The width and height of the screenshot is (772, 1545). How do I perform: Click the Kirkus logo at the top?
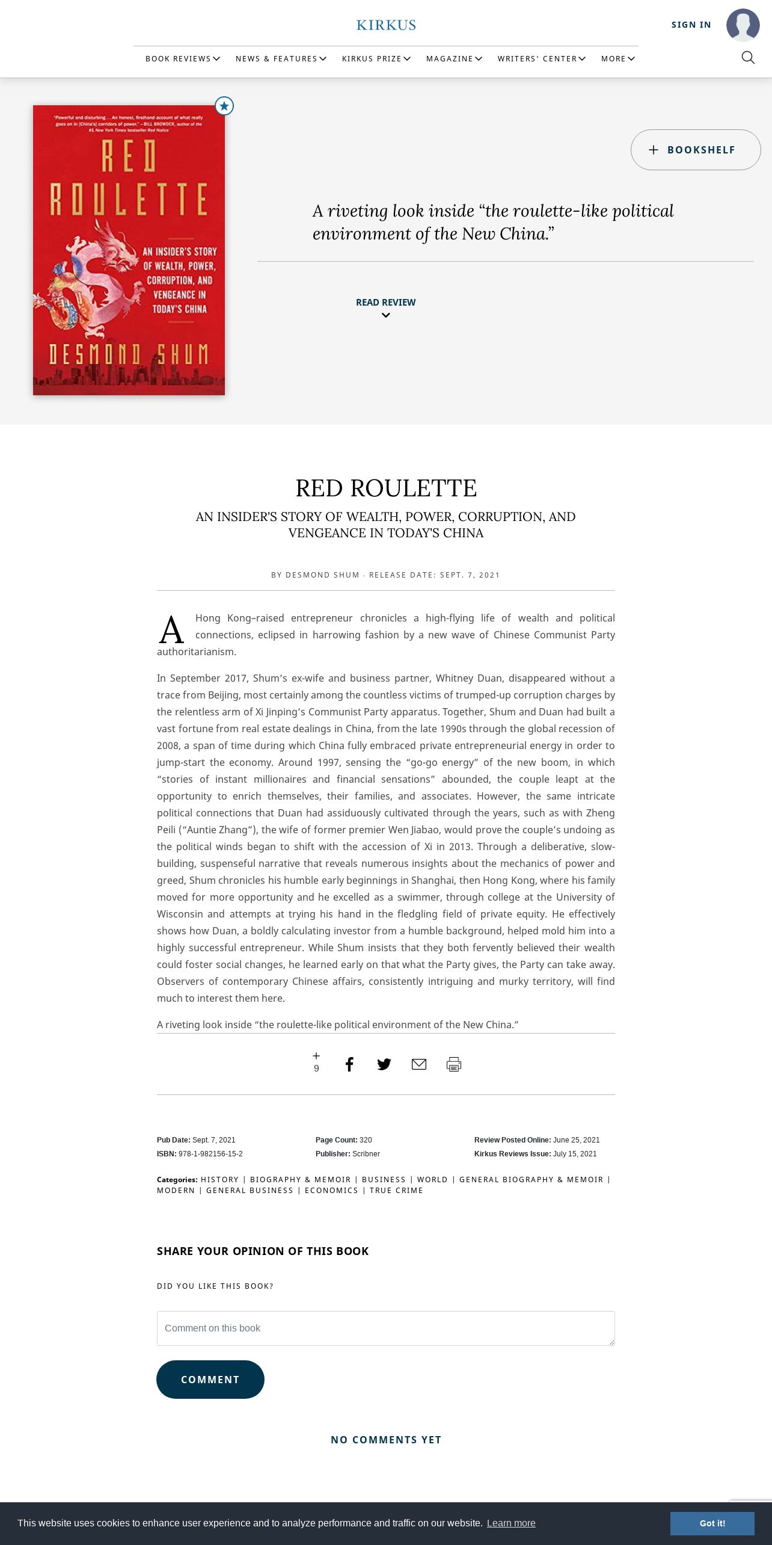tap(386, 25)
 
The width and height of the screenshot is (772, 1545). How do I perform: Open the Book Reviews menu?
tap(182, 58)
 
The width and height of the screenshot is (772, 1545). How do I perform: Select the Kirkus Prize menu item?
tap(376, 58)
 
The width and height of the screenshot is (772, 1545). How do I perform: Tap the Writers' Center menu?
tap(541, 58)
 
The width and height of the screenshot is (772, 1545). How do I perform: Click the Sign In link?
tap(691, 25)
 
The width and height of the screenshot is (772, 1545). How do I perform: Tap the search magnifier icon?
tap(748, 58)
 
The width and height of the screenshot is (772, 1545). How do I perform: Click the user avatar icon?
tap(743, 25)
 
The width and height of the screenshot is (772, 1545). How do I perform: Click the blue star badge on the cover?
tap(224, 106)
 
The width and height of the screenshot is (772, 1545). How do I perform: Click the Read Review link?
tap(385, 303)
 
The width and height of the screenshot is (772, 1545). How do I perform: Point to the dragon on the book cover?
tap(96, 277)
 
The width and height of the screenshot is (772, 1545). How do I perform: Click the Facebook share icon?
tap(349, 1064)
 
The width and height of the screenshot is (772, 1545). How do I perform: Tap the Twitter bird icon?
tap(384, 1064)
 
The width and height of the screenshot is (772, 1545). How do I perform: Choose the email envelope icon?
tap(419, 1064)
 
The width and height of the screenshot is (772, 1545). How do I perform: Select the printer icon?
tap(454, 1064)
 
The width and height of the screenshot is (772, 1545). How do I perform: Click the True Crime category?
tap(396, 1190)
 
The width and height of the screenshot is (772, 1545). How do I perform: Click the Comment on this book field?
tap(385, 1328)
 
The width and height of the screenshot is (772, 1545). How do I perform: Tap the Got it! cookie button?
tap(712, 1523)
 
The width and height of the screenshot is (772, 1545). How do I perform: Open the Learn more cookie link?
tap(511, 1523)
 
